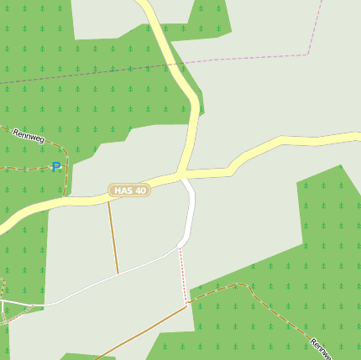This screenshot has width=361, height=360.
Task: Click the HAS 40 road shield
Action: coord(128,190)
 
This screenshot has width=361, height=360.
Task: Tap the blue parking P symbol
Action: coord(56,167)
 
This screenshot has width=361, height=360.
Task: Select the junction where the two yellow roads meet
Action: coord(180,174)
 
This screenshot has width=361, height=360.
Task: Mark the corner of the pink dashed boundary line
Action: coord(309,54)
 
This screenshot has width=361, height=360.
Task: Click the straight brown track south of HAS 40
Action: coord(112,235)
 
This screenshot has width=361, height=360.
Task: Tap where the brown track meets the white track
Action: coord(118,274)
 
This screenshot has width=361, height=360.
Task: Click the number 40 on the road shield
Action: coord(139,190)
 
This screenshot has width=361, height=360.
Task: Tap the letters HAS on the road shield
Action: coord(123,190)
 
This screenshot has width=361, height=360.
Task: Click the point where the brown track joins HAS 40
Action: coord(107,197)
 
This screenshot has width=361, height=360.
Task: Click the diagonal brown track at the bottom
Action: coord(143,331)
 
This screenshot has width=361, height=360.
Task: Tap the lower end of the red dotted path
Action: coord(186,304)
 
